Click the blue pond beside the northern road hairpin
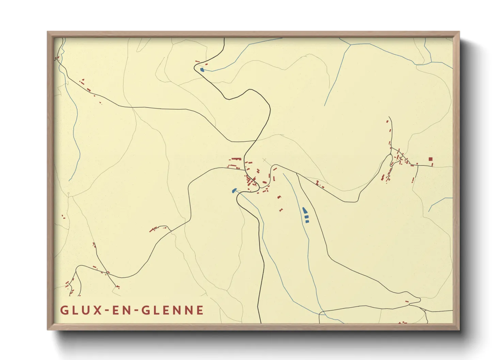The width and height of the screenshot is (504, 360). (x=202, y=70)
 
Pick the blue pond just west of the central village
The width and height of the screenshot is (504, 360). (x=234, y=191)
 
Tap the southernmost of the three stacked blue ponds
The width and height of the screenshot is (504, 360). (x=307, y=222)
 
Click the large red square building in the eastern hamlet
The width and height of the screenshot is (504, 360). (x=430, y=159)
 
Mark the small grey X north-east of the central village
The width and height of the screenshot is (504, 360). (x=265, y=160)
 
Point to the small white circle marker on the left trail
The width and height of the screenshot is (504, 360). (x=68, y=194)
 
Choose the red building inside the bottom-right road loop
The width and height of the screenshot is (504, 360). (x=407, y=301)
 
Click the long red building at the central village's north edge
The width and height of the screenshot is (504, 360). (x=236, y=159)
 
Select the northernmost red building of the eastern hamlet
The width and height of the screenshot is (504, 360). (x=387, y=121)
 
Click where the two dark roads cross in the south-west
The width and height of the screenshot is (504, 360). (x=107, y=273)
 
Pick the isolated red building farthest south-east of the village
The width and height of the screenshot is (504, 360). (x=281, y=210)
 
